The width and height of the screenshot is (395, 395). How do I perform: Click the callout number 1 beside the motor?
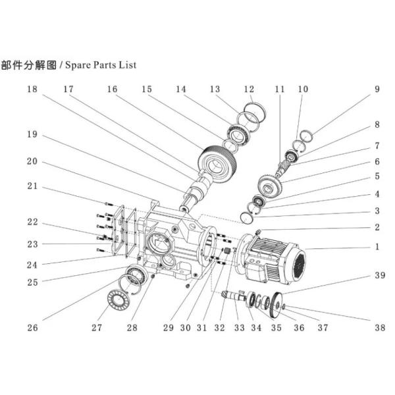(x=378, y=248)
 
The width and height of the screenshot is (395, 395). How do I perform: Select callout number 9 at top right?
(x=378, y=88)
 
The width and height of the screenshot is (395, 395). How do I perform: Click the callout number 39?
(x=378, y=275)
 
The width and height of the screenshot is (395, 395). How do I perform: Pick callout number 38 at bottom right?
(x=378, y=327)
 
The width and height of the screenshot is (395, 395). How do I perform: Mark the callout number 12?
(x=249, y=88)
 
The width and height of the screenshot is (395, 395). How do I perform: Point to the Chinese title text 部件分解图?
(x=29, y=66)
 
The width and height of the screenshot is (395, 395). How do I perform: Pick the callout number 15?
(x=146, y=88)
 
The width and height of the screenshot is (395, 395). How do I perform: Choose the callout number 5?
(x=378, y=176)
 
